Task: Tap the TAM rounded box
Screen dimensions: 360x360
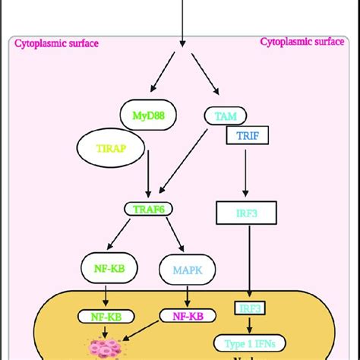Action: (x=226, y=115)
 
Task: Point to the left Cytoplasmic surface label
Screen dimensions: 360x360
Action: (x=57, y=43)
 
